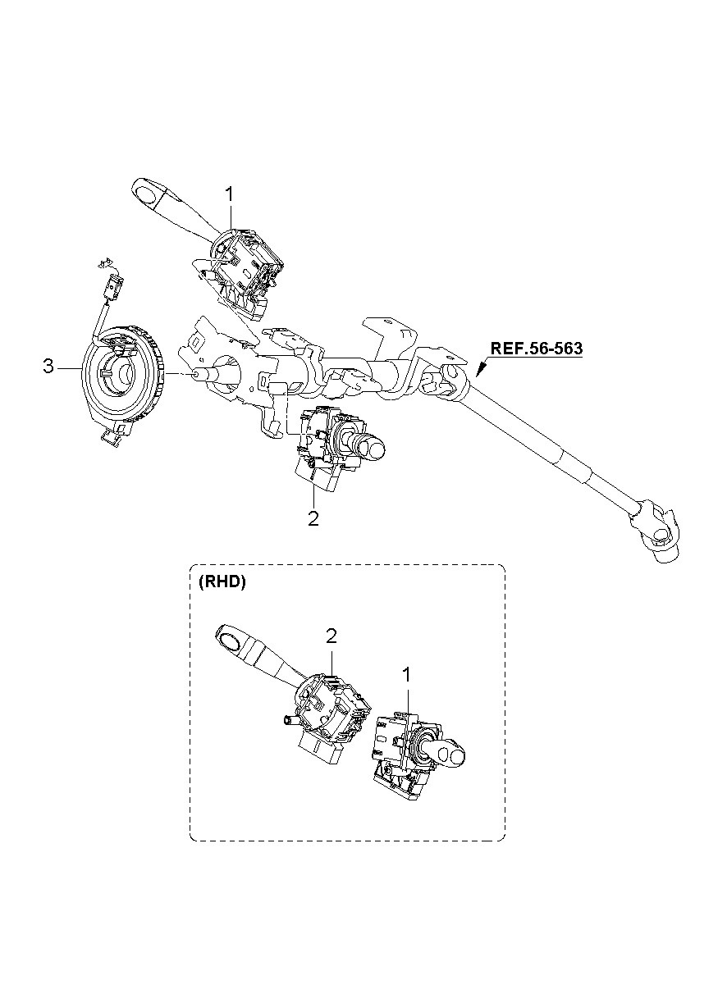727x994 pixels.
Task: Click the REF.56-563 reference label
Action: coord(536,349)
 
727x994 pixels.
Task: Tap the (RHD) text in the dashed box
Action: coord(222,582)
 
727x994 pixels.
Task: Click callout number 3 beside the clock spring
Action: coord(48,367)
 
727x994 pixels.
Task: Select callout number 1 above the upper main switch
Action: coord(229,195)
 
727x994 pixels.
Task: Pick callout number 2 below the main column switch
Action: coord(313,518)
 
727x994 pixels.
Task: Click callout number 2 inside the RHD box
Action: coord(331,636)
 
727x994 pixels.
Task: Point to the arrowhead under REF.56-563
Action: coord(481,371)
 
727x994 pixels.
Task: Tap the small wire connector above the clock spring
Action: coord(112,285)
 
